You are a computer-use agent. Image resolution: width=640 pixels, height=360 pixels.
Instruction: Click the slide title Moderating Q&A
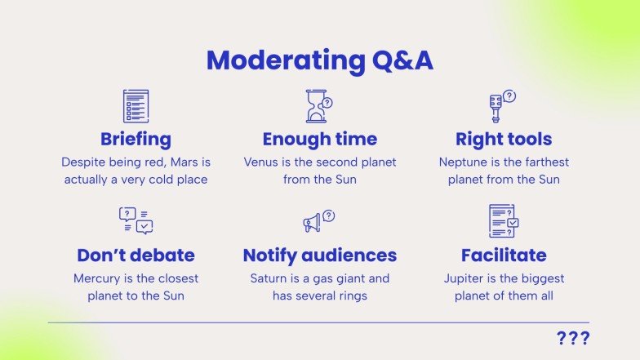[319, 60]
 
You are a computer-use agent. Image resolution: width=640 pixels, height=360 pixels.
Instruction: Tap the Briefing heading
[136, 139]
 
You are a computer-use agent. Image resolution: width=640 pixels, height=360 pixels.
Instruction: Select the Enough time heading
[319, 139]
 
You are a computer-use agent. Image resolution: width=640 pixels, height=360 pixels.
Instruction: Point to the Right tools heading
[504, 139]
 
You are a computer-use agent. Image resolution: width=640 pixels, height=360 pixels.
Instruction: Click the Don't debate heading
[136, 256]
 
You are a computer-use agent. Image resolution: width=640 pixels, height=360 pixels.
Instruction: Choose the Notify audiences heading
[319, 256]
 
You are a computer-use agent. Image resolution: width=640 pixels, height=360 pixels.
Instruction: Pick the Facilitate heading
[504, 256]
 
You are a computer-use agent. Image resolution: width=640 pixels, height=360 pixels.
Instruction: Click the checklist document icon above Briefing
[136, 106]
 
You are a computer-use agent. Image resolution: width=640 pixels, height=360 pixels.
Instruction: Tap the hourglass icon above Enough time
[318, 106]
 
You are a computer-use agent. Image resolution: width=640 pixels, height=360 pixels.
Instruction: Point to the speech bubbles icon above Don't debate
[136, 220]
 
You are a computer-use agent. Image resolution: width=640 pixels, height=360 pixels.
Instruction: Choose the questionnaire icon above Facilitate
[503, 221]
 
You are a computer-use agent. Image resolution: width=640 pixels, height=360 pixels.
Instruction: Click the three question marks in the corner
[572, 339]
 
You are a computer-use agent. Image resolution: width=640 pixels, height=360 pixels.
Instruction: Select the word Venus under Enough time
[261, 162]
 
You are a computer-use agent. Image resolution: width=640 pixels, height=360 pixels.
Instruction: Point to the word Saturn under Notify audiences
[269, 278]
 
